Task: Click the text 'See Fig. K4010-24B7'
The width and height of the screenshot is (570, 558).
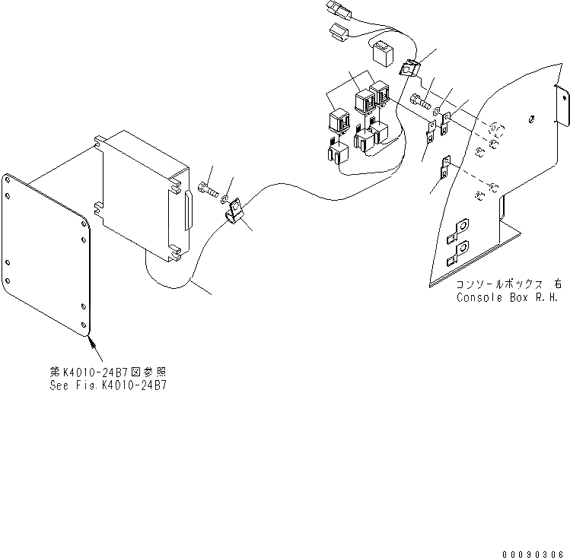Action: point(107,385)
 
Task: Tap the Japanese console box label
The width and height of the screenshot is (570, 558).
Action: point(509,284)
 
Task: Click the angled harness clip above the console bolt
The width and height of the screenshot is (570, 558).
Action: point(409,69)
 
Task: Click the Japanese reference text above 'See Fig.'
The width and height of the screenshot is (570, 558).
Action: point(107,373)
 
